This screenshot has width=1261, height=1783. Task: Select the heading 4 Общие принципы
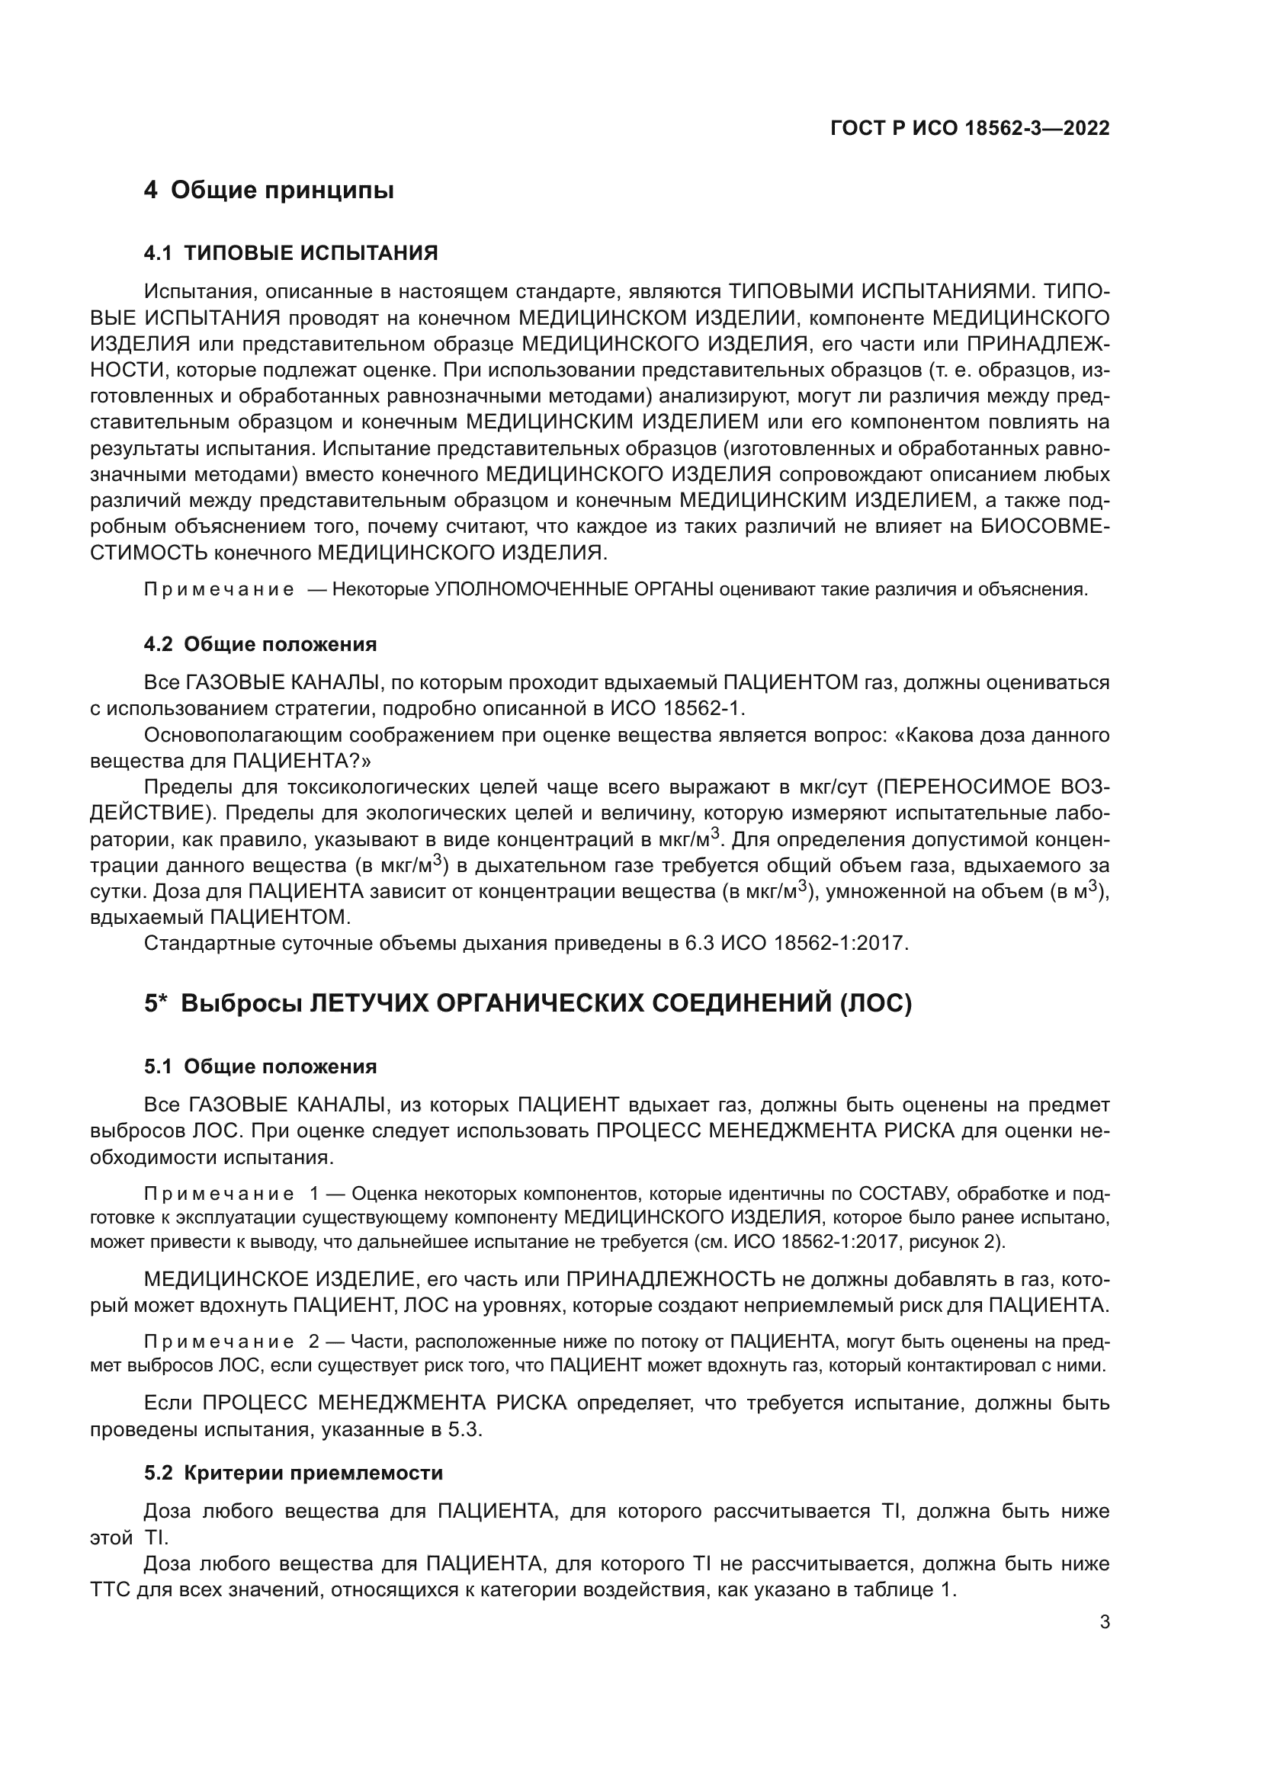click(268, 191)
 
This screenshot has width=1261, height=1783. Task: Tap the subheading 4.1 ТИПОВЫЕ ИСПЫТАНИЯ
click(291, 253)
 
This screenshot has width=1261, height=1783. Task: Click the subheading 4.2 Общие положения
click(260, 644)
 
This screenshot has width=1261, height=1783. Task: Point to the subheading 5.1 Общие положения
click(260, 1066)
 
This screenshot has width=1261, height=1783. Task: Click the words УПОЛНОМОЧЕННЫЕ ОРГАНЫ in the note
click(574, 589)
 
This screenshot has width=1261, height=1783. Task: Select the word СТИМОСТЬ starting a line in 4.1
click(149, 552)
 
